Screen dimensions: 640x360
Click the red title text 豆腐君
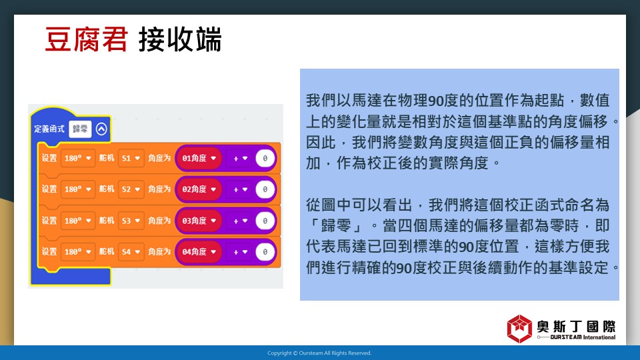click(x=87, y=39)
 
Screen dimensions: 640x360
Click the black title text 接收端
click(x=180, y=39)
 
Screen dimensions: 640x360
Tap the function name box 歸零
click(x=80, y=129)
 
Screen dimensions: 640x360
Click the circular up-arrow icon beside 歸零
click(x=101, y=129)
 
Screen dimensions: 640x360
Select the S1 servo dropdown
click(x=131, y=158)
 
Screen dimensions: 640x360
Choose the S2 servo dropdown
click(x=131, y=189)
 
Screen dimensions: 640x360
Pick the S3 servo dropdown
click(x=131, y=221)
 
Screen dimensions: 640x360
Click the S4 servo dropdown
click(x=131, y=252)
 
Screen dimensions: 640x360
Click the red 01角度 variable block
click(x=199, y=159)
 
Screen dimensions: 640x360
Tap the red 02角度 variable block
click(x=199, y=189)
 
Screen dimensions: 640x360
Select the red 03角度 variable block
click(x=199, y=221)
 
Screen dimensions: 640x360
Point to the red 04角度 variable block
click(x=199, y=252)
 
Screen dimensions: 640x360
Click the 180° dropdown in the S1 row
click(x=77, y=158)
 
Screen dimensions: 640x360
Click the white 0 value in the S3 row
click(x=265, y=221)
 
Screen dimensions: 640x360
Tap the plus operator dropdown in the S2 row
click(x=240, y=189)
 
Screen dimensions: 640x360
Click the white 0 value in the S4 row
click(x=265, y=252)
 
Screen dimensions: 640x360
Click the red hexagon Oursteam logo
click(x=519, y=329)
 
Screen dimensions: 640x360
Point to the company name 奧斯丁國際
click(x=576, y=327)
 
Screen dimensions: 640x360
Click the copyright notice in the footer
click(x=319, y=353)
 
